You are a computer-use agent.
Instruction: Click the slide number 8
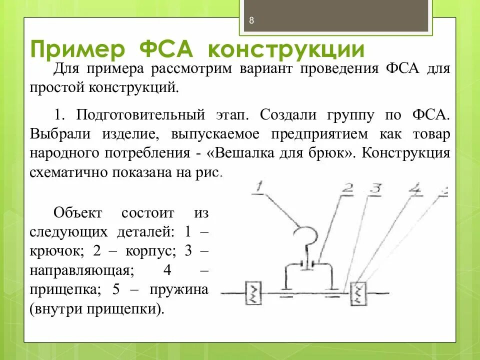coord(251,20)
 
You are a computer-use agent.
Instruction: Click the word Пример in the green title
coord(77,50)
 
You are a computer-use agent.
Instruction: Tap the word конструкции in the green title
coord(285,50)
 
